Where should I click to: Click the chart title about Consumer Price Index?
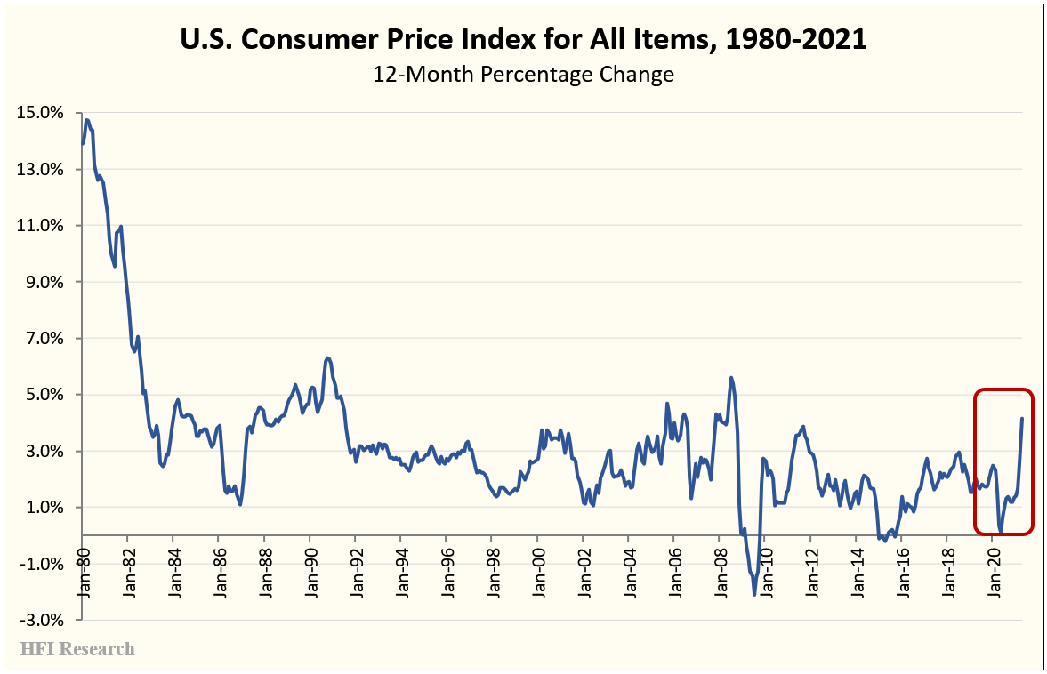tap(523, 40)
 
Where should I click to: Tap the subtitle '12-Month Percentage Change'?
tap(523, 74)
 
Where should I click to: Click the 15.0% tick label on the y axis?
tap(39, 113)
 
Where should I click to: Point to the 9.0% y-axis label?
tap(43, 282)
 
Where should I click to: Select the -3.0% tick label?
tap(41, 620)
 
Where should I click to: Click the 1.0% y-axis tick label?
tap(43, 508)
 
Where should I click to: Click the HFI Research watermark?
tap(77, 649)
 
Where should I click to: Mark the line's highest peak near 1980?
tap(86, 119)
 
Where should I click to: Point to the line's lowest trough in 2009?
tap(754, 595)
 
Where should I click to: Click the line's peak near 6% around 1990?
tap(327, 357)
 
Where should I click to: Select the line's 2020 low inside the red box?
tap(1001, 532)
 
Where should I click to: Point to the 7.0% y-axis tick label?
tap(43, 339)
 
